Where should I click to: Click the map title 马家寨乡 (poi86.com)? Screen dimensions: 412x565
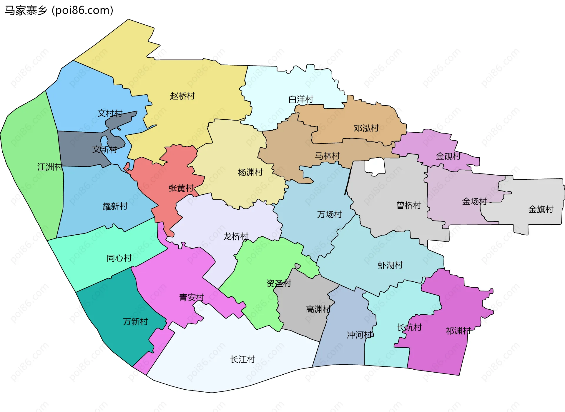pos(59,11)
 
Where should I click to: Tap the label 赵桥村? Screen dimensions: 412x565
pos(182,96)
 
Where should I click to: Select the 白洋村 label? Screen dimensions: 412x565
pos(301,99)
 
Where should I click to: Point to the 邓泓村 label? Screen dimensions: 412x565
pos(366,128)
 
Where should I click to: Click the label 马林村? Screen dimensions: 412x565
pos(327,156)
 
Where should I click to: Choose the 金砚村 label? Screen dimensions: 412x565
pos(448,156)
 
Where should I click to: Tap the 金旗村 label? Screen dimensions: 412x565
pos(541,209)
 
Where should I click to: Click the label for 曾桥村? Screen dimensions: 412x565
pos(409,205)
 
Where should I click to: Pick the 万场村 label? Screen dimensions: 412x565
pos(330,214)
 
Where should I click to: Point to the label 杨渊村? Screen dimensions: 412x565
pos(250,172)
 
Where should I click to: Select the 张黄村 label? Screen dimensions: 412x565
pos(181,188)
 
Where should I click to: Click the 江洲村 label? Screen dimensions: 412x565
pos(50,167)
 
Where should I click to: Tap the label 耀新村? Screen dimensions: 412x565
pos(115,206)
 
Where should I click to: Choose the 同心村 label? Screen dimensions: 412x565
pos(119,258)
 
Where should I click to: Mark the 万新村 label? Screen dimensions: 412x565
pos(135,322)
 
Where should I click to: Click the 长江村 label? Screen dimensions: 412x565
pos(242,359)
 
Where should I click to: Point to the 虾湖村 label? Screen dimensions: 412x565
pos(390,265)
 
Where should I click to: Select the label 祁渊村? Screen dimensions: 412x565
pos(458,331)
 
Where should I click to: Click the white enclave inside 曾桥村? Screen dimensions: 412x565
pos(375,166)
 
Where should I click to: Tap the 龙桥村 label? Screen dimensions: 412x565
pos(236,236)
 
